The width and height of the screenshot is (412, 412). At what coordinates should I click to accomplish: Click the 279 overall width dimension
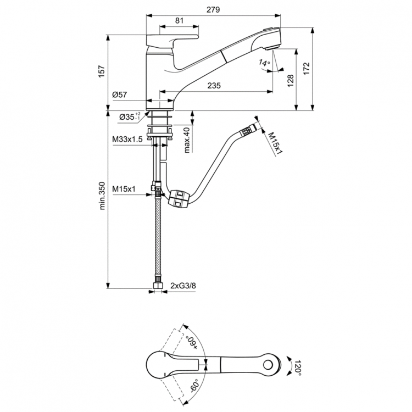tap(213, 10)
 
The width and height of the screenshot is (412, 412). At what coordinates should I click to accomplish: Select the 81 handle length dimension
tap(179, 20)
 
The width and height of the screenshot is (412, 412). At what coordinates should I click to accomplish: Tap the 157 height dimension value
tap(102, 71)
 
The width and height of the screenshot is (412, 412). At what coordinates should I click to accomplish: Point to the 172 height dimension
tap(307, 69)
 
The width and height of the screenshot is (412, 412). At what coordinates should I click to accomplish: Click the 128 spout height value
tap(290, 81)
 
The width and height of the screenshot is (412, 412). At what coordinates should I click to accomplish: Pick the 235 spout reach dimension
tap(214, 85)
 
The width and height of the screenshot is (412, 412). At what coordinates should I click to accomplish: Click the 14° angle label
tap(264, 63)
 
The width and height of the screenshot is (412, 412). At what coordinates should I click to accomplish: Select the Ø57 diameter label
tap(120, 95)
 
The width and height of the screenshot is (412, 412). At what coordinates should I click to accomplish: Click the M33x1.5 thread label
tap(127, 140)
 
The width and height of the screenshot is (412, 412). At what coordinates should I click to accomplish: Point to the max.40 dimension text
tap(187, 140)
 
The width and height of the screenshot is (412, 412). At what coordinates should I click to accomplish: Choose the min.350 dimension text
tap(102, 196)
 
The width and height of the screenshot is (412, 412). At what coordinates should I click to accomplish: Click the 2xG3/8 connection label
tap(183, 285)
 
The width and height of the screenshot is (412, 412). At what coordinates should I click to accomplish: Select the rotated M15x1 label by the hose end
tap(275, 143)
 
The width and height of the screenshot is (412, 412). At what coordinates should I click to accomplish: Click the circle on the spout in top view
tap(269, 365)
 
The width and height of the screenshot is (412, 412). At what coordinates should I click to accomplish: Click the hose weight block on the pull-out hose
tap(179, 199)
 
